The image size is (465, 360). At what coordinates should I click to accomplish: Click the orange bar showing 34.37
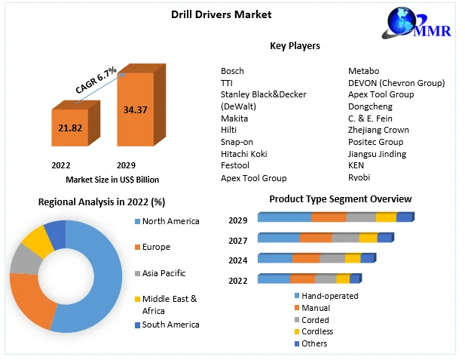tap(135, 110)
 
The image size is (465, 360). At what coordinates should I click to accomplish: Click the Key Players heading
tap(295, 46)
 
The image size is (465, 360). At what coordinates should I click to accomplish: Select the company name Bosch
tap(232, 71)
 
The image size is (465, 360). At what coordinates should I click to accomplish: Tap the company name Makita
tap(234, 118)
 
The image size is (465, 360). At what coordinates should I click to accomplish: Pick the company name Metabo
tap(363, 71)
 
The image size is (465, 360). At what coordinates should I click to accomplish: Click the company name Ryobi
tap(359, 177)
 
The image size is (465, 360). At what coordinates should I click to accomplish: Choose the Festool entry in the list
tap(236, 166)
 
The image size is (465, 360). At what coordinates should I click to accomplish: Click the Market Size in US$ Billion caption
tap(112, 180)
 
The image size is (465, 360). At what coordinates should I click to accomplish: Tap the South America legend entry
tap(171, 325)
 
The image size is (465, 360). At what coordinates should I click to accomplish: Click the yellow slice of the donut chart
tap(34, 241)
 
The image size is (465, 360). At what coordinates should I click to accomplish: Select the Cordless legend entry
tap(317, 331)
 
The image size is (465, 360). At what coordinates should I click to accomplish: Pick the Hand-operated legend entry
tap(329, 296)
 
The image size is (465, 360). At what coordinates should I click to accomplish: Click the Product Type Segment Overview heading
tap(340, 199)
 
